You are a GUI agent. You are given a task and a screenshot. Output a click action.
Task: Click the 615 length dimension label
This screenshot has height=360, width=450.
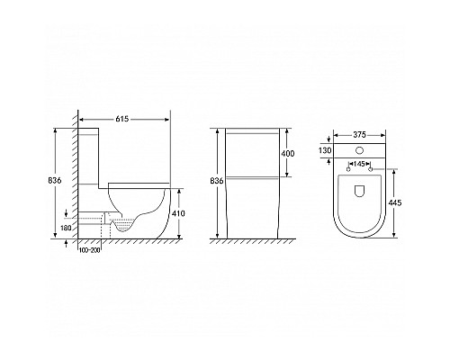tap(122, 119)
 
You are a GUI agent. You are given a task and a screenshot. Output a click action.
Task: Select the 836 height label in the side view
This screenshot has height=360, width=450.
tap(55, 180)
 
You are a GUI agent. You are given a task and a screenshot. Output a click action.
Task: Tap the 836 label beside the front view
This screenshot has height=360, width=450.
tap(217, 181)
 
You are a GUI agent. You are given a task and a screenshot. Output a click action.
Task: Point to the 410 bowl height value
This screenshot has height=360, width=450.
tap(178, 213)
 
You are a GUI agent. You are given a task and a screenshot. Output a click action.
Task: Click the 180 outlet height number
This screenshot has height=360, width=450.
tap(66, 228)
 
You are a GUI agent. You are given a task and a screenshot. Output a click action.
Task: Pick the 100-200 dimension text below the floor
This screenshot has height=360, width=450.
tap(89, 250)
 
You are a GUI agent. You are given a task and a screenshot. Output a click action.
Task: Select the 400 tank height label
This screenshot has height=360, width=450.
tap(288, 153)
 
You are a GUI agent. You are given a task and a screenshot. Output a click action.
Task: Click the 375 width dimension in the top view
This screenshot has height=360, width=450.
tap(359, 135)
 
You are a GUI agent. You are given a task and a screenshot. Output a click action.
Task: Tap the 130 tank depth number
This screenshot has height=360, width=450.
tap(325, 150)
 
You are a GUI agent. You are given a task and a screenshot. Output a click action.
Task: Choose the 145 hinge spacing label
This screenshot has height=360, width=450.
tap(359, 164)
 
